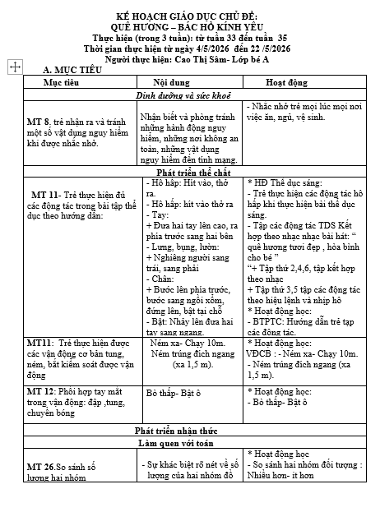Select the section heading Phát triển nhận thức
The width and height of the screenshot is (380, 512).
[190, 431]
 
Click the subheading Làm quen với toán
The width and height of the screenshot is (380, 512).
[191, 444]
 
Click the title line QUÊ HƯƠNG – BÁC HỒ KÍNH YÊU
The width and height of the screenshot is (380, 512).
[190, 25]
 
